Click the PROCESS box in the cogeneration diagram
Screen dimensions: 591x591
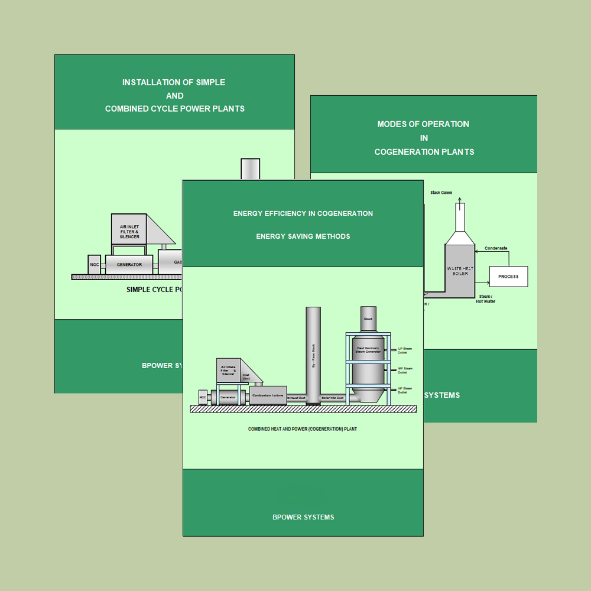(x=508, y=277)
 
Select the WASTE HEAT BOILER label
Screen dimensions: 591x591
(x=460, y=271)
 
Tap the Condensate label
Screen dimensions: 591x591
(x=496, y=248)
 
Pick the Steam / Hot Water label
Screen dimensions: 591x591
(x=486, y=298)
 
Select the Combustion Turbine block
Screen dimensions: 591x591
(x=268, y=395)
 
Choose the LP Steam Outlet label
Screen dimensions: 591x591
(x=405, y=350)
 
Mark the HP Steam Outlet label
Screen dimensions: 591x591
(x=405, y=390)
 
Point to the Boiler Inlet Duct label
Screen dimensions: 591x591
(x=333, y=398)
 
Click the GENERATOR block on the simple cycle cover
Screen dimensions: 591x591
(x=129, y=265)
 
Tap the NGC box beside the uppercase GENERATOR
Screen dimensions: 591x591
(x=95, y=265)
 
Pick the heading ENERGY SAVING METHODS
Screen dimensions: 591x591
(x=303, y=236)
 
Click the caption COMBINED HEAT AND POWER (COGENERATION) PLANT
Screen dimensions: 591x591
(x=303, y=429)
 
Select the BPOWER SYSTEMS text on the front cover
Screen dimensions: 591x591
(x=303, y=517)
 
